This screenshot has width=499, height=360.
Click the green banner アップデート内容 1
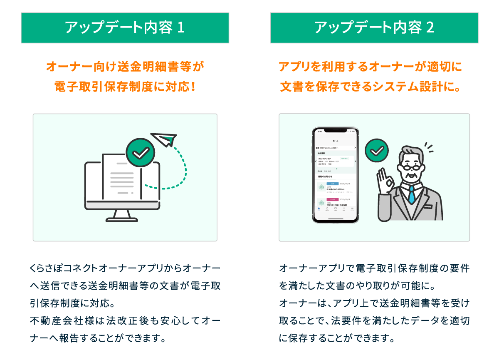125,27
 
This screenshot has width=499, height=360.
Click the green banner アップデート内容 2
374,27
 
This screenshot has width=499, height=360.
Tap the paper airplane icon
164,139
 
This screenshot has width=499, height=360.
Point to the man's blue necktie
412,194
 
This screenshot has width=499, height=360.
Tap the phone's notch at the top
336,131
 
